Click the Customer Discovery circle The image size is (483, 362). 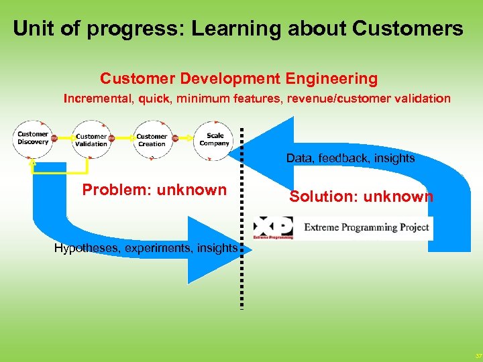33,139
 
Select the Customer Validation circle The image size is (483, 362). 91,140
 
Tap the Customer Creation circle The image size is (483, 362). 152,140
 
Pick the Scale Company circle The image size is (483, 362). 214,139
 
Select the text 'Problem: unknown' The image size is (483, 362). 154,190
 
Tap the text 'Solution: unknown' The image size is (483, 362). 361,196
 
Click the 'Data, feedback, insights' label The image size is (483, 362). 350,158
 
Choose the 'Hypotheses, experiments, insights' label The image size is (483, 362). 146,248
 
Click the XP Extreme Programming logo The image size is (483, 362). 273,227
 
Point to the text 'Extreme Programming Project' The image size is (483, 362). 366,227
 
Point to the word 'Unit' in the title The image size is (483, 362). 33,29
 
